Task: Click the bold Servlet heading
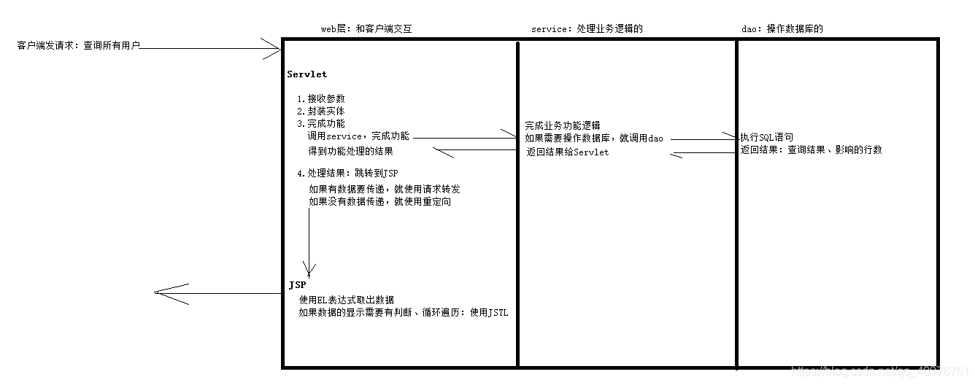pyautogui.click(x=307, y=74)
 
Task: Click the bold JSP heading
pyautogui.click(x=297, y=285)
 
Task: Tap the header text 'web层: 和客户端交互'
pyautogui.click(x=371, y=29)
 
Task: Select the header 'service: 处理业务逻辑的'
pyautogui.click(x=587, y=29)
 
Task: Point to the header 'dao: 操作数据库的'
pyautogui.click(x=782, y=29)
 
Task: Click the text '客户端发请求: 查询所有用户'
pyautogui.click(x=78, y=46)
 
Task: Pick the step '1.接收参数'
pyautogui.click(x=320, y=99)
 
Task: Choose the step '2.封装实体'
pyautogui.click(x=320, y=112)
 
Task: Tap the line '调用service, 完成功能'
pyautogui.click(x=358, y=136)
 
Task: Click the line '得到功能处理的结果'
pyautogui.click(x=351, y=151)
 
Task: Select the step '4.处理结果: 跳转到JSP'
pyautogui.click(x=347, y=174)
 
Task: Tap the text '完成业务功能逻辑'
pyautogui.click(x=563, y=125)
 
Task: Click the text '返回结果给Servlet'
pyautogui.click(x=568, y=152)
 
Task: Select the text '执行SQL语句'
pyautogui.click(x=766, y=137)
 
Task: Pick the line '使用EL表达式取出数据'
pyautogui.click(x=347, y=300)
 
